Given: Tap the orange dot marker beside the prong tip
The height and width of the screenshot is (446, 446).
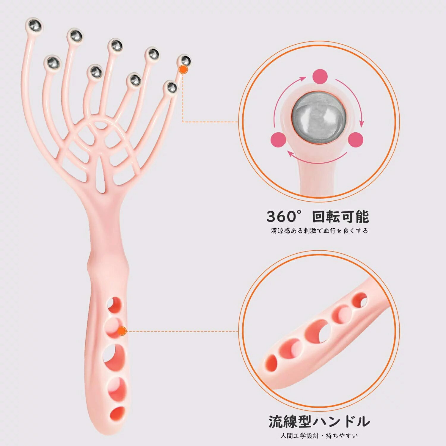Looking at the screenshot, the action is [183, 70].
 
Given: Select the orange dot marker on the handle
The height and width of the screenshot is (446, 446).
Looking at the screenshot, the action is [122, 331].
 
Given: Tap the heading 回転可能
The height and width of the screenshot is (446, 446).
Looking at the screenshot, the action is [340, 216].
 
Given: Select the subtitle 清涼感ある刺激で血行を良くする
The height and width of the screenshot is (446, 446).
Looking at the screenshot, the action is [319, 231].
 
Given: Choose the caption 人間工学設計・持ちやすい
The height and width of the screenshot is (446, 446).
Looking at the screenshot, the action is [319, 436].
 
